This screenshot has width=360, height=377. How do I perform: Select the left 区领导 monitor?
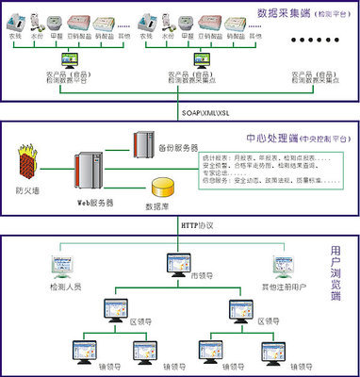click(x=122, y=306)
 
